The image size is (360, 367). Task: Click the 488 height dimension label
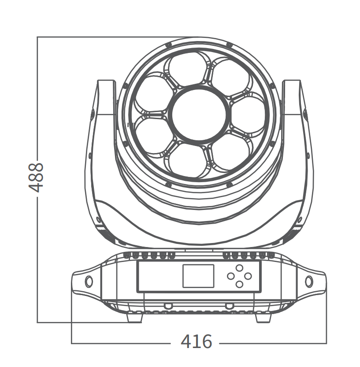tap(36, 178)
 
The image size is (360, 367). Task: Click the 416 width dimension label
tap(197, 341)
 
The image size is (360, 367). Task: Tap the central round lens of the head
tap(199, 115)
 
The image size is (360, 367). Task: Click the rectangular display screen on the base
tap(198, 276)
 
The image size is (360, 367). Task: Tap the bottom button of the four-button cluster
tap(239, 285)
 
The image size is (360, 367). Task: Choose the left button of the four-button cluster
tap(231, 276)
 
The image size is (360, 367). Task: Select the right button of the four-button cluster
tap(248, 276)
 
